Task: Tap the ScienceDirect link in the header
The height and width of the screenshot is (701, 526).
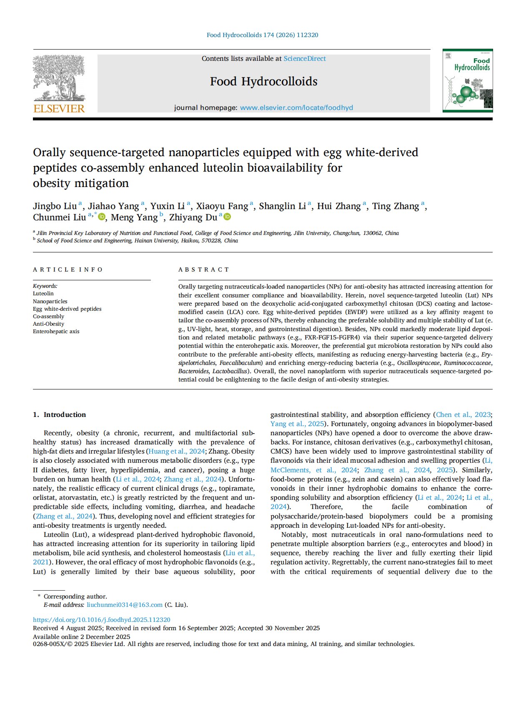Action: tap(305, 59)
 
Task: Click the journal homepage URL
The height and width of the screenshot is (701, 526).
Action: tap(296, 107)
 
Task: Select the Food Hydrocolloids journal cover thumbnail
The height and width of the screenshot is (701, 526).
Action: tap(467, 80)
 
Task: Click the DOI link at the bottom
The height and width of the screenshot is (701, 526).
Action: tap(102, 620)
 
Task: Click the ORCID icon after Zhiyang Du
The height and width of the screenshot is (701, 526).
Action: tap(228, 217)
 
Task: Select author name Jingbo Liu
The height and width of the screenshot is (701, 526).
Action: tap(55, 206)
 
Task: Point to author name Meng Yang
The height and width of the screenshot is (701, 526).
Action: tap(134, 217)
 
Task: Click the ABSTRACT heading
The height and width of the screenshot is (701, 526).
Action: tap(204, 269)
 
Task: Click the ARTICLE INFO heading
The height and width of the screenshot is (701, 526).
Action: tap(68, 269)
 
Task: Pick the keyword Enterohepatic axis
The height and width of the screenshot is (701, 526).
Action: tap(56, 332)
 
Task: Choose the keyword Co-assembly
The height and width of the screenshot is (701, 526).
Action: tap(48, 317)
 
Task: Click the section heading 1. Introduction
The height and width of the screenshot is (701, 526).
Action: tap(59, 414)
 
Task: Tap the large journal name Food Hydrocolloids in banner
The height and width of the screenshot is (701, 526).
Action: tap(263, 81)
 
